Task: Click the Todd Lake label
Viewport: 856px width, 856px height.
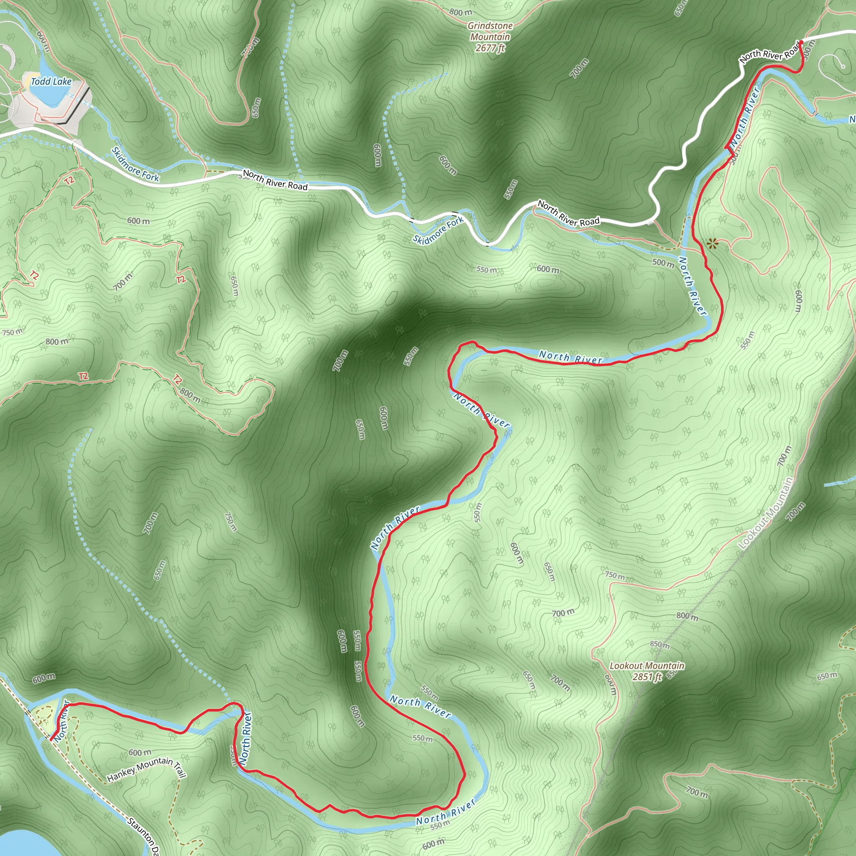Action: [51, 82]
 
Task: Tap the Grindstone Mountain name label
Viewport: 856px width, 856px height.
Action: [490, 31]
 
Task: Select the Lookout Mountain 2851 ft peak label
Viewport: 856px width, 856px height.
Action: [647, 671]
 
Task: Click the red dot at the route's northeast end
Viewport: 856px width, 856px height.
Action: [801, 43]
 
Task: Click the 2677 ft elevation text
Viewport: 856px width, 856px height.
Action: [490, 48]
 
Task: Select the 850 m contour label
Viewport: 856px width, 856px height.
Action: [660, 644]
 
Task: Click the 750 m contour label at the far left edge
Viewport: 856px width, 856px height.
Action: [13, 332]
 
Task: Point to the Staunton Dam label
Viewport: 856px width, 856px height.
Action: [144, 836]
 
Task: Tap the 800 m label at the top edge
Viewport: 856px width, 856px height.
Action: [461, 13]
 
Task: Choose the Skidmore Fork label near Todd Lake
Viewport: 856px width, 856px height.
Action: [135, 164]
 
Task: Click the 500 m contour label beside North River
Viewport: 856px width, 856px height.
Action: [663, 263]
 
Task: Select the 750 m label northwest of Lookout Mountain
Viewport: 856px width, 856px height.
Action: [614, 576]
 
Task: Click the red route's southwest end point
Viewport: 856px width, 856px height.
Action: [51, 739]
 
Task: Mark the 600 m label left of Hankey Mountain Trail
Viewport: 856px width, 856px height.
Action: [140, 752]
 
